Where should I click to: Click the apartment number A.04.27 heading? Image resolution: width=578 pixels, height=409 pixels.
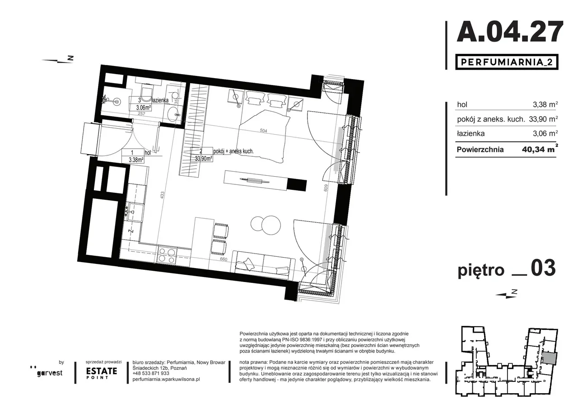tap(510, 32)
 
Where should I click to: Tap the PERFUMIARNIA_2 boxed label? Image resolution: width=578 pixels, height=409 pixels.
tap(507, 62)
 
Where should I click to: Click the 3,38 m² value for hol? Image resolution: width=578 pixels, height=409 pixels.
tap(545, 104)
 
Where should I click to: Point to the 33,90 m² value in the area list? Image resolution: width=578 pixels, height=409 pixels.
tap(543, 119)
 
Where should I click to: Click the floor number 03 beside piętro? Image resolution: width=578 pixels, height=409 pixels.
tap(543, 268)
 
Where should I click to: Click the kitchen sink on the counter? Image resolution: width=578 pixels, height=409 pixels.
tap(135, 212)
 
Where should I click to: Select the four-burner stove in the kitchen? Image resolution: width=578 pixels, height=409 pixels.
tap(167, 254)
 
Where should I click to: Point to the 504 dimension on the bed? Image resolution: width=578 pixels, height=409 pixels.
tap(263, 131)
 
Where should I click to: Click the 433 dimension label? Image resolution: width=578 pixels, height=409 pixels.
tap(162, 195)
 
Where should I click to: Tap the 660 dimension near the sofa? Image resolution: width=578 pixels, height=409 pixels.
tap(224, 259)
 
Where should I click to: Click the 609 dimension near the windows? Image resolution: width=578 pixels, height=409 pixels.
tap(326, 188)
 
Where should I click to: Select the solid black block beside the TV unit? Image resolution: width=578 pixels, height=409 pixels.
tap(297, 185)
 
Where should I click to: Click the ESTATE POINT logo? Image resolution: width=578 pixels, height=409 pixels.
tap(102, 373)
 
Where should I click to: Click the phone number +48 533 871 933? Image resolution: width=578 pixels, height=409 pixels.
tap(151, 373)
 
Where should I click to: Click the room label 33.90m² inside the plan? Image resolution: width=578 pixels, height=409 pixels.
tap(204, 159)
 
